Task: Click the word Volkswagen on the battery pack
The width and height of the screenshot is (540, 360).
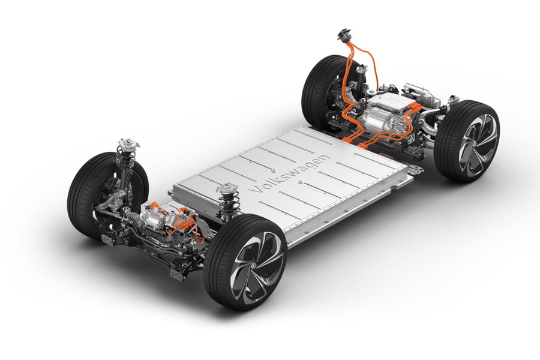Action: coord(289,175)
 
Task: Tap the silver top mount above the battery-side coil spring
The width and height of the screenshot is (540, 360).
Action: coord(226,188)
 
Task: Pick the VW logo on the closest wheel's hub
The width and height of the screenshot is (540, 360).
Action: coord(254,266)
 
